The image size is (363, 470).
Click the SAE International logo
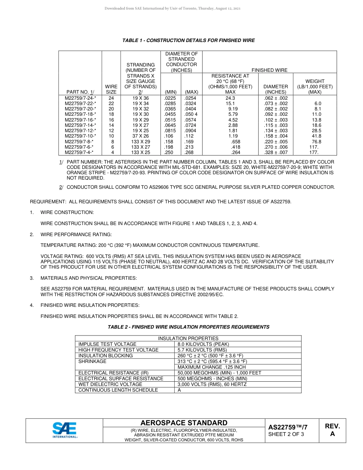[x=65, y=430]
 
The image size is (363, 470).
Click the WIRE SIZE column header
[x=111, y=89]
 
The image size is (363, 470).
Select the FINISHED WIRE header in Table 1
[x=269, y=70]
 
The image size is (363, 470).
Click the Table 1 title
[x=188, y=41]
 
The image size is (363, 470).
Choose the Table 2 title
[x=188, y=327]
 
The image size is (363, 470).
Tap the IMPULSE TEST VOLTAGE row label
[x=107, y=344]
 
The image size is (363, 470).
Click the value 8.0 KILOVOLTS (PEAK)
[x=203, y=344]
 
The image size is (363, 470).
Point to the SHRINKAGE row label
[x=92, y=361]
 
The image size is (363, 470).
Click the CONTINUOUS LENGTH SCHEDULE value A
[x=179, y=390]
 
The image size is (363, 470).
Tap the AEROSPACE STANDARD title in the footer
[x=184, y=423]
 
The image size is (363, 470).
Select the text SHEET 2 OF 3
[x=286, y=434]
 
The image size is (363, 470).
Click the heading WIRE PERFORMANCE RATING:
[x=76, y=234]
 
